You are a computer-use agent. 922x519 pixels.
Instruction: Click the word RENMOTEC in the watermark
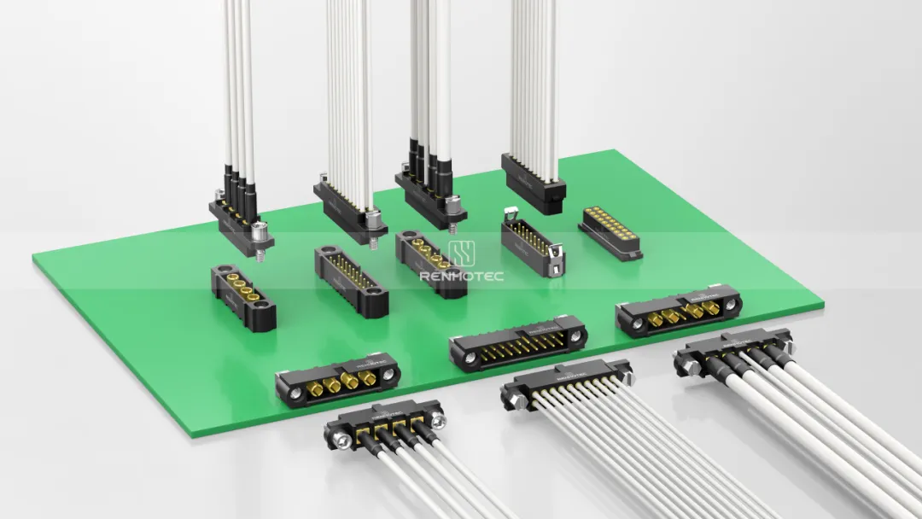pos(461,276)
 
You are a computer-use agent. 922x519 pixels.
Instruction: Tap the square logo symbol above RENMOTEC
pos(461,254)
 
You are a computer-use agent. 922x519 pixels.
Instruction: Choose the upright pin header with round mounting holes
pos(351,279)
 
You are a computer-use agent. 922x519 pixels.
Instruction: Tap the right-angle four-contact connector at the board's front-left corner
pos(337,379)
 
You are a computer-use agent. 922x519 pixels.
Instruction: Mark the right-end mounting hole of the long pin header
pos(576,336)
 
